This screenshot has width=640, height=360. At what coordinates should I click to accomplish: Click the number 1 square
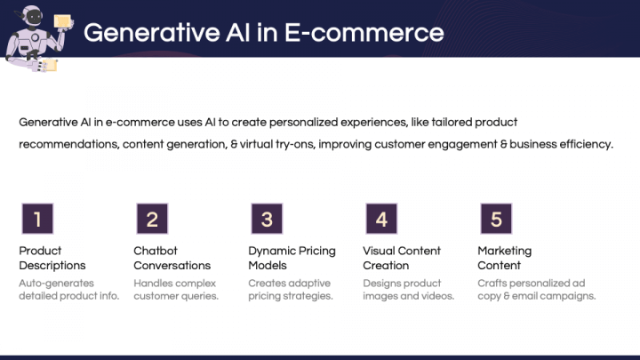pyautogui.click(x=37, y=219)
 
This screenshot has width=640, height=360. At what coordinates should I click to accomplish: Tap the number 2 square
pyautogui.click(x=152, y=219)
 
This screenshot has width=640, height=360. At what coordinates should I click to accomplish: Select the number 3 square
pyautogui.click(x=267, y=219)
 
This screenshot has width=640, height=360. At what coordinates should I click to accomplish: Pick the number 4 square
pyautogui.click(x=381, y=219)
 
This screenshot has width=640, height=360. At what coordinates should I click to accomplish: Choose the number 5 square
pyautogui.click(x=496, y=219)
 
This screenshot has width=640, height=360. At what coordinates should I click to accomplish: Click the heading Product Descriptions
pyautogui.click(x=52, y=258)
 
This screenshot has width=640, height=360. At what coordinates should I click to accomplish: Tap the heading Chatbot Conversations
pyautogui.click(x=172, y=258)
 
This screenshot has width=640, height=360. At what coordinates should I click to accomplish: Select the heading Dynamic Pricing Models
pyautogui.click(x=292, y=258)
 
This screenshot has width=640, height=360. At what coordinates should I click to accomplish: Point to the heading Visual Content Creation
pyautogui.click(x=402, y=258)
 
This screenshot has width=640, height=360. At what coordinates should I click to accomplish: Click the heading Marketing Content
pyautogui.click(x=505, y=258)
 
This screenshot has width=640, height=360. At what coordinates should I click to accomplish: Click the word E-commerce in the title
pyautogui.click(x=364, y=33)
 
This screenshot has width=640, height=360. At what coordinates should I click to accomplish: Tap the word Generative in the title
pyautogui.click(x=152, y=33)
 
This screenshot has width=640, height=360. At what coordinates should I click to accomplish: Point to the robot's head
pyautogui.click(x=32, y=18)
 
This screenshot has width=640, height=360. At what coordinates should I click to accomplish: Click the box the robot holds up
pyautogui.click(x=62, y=21)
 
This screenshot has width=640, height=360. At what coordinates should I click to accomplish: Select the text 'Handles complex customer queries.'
pyautogui.click(x=176, y=290)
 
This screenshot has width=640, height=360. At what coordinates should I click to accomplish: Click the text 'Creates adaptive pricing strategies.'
pyautogui.click(x=291, y=290)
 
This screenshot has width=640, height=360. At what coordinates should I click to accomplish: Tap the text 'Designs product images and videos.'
pyautogui.click(x=409, y=290)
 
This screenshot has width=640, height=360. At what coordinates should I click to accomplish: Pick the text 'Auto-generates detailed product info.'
pyautogui.click(x=69, y=290)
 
